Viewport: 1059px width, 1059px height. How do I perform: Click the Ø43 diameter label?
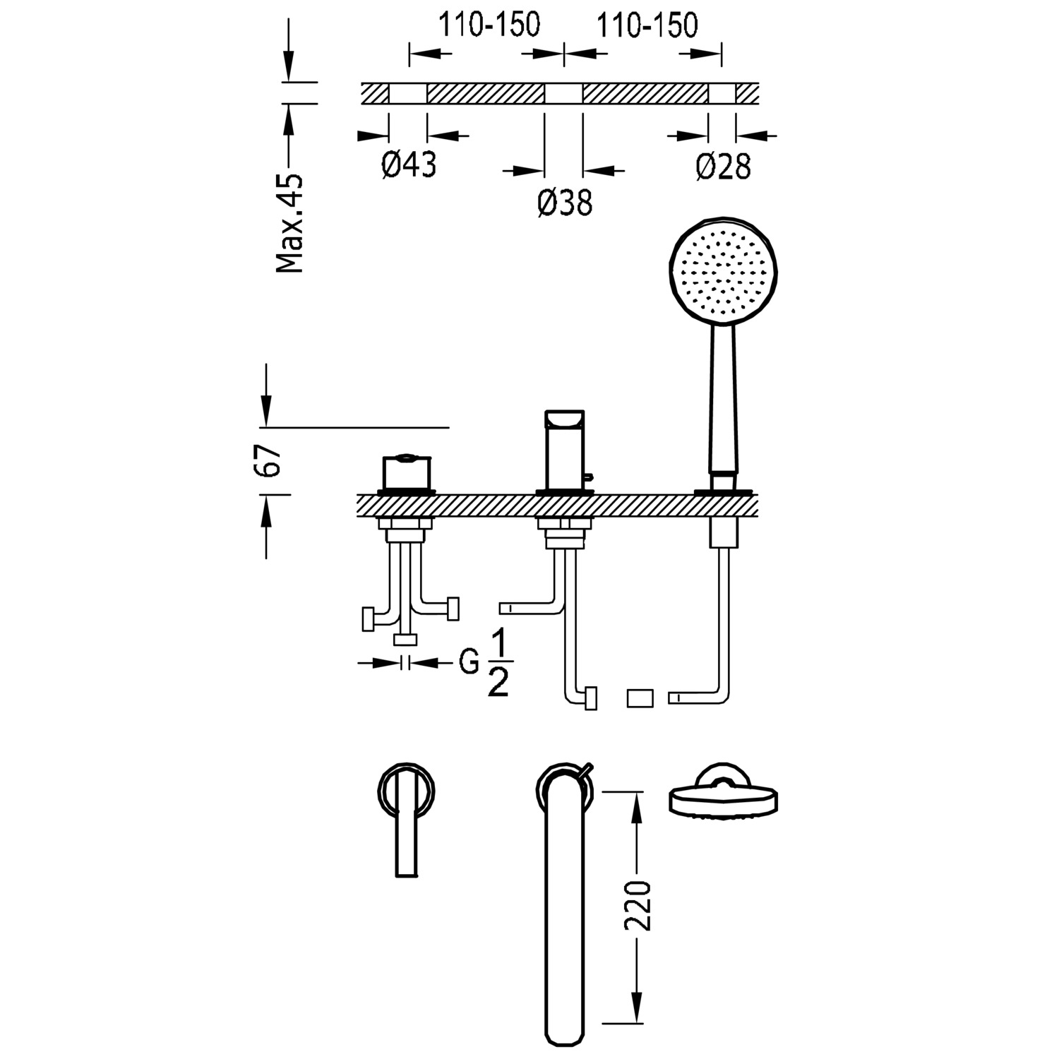coord(409,165)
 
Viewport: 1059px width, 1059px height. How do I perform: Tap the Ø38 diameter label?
coord(564,203)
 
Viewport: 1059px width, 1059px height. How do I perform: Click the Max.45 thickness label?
coord(289,223)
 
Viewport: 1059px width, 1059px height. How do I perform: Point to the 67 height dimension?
coord(272,461)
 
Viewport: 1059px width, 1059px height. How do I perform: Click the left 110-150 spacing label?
coord(489,25)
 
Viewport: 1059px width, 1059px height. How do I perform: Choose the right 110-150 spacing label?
coord(647,25)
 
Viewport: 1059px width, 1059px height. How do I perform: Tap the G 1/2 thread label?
coord(487,664)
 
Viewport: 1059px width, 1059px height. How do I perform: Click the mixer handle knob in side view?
coord(406,472)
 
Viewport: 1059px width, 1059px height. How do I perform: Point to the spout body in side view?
coord(563,450)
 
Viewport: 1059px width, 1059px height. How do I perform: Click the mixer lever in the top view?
coord(406,826)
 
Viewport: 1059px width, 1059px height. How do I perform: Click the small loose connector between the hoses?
coord(641,698)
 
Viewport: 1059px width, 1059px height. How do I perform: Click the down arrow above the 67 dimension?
coord(266,409)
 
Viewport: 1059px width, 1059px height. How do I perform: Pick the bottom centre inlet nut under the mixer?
coord(405,640)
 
